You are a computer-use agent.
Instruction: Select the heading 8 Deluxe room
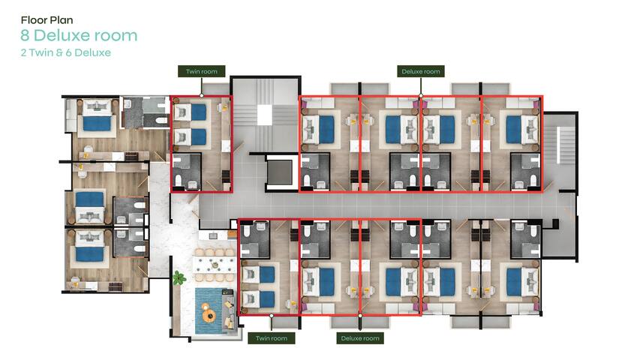(x=79, y=35)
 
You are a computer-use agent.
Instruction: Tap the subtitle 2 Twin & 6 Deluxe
(x=66, y=53)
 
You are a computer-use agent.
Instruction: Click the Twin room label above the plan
(x=202, y=72)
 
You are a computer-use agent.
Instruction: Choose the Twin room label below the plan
(x=272, y=338)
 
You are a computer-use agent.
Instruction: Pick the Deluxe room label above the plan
(x=420, y=72)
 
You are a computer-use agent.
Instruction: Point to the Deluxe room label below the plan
(x=361, y=338)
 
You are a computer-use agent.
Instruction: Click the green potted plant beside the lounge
(x=179, y=279)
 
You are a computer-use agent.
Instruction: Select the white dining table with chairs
(x=215, y=262)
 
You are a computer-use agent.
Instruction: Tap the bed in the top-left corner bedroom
(x=95, y=122)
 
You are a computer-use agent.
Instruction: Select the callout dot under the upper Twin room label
(x=202, y=95)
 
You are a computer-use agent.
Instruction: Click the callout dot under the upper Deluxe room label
(x=420, y=95)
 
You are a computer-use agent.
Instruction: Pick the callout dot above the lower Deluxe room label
(x=361, y=315)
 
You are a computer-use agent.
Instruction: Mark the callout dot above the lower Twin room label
(x=272, y=315)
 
